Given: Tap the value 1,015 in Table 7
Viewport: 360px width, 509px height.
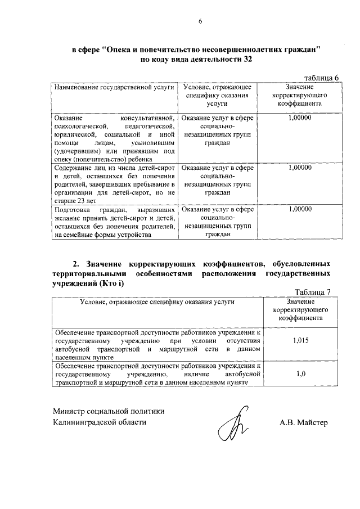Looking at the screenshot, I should coord(301,340).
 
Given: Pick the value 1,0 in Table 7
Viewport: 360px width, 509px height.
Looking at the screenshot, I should coord(301,372).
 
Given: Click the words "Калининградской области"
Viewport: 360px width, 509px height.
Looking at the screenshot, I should coord(100,422).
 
